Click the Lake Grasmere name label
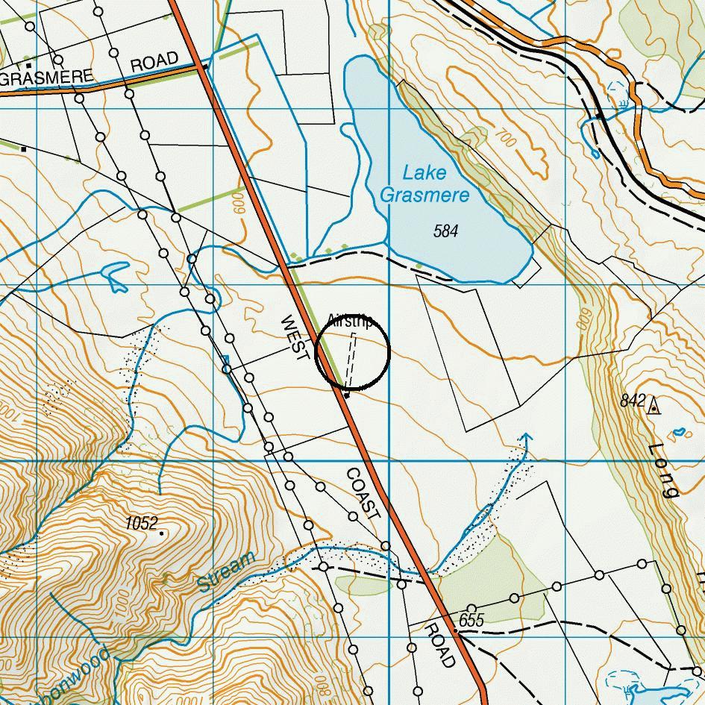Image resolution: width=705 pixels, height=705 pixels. (x=425, y=184)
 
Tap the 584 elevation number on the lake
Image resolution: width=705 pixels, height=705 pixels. (x=445, y=231)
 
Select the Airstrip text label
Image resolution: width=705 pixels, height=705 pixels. (x=350, y=322)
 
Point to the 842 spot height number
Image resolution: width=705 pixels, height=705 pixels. (x=633, y=401)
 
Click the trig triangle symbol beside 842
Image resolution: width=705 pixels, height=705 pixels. (x=654, y=407)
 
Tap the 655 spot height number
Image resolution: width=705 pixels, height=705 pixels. (x=471, y=620)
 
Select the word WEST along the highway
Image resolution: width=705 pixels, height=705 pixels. (x=294, y=338)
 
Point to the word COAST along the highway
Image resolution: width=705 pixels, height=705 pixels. (x=363, y=494)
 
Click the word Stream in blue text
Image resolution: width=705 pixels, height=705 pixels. (x=227, y=572)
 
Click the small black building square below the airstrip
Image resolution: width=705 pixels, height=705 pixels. (x=346, y=394)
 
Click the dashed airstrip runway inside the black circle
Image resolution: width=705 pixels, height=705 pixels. (x=349, y=359)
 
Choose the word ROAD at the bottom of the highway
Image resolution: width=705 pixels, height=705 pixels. (x=439, y=646)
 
